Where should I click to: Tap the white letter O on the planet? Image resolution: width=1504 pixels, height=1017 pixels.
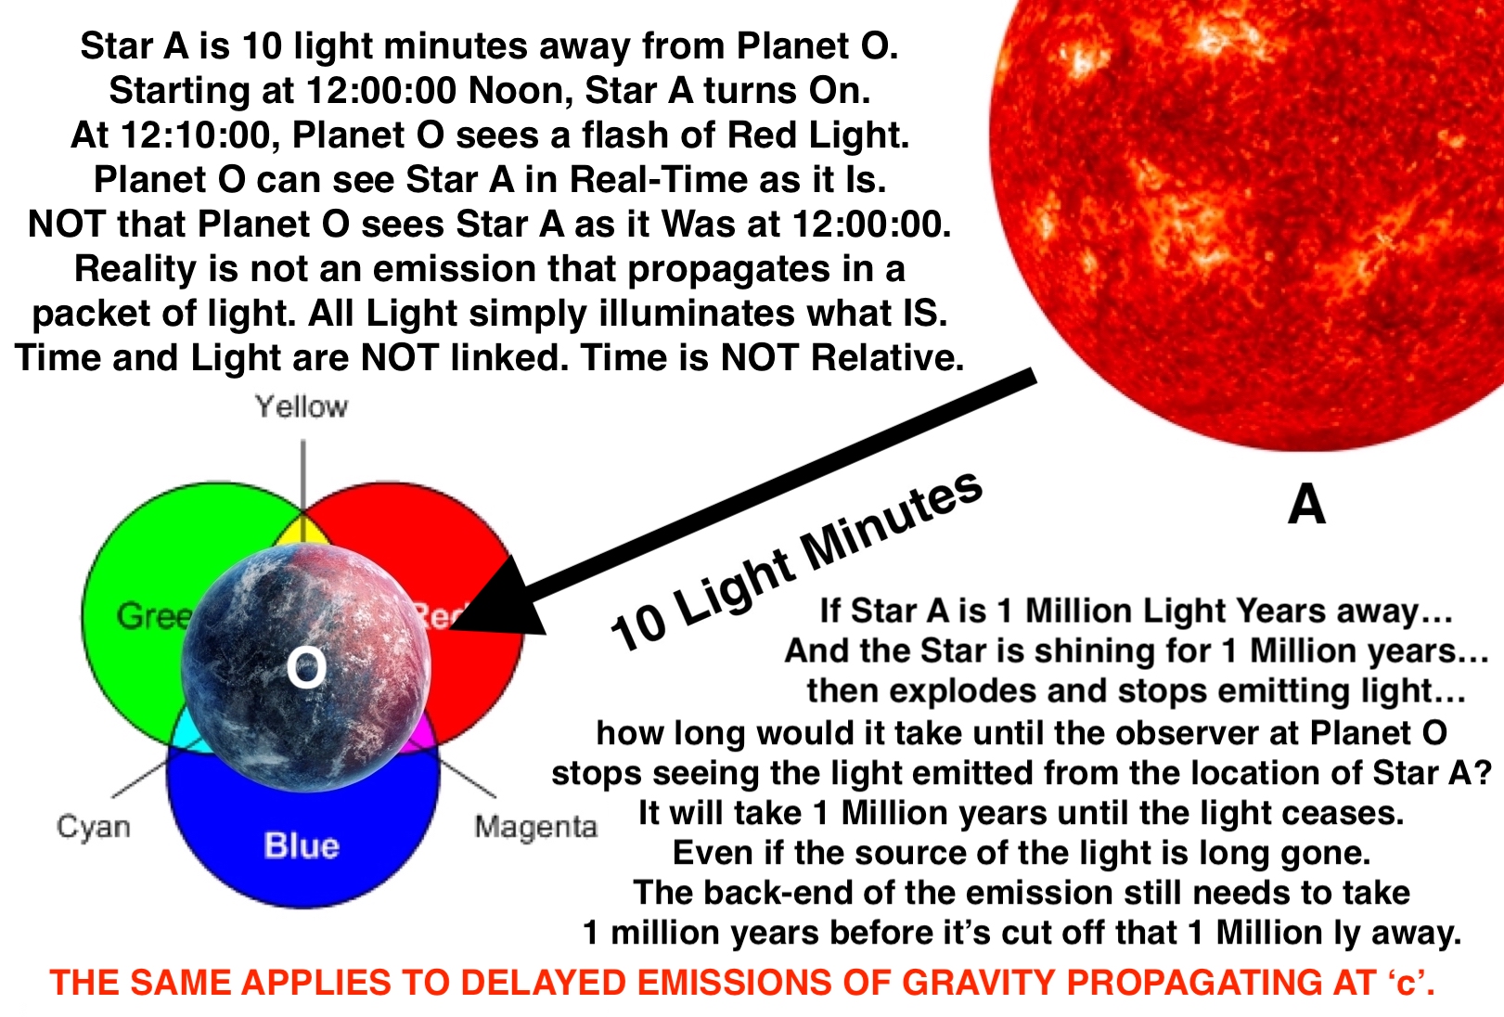(306, 667)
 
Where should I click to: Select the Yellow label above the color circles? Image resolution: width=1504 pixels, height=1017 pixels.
(301, 406)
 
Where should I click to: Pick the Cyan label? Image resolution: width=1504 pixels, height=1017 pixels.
(94, 827)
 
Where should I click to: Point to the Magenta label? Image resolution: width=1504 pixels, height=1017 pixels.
(535, 827)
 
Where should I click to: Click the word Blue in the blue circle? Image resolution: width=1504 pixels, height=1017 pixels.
(302, 845)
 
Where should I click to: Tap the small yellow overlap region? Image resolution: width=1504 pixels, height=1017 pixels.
(302, 533)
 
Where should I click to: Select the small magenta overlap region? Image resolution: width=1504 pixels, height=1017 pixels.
(422, 732)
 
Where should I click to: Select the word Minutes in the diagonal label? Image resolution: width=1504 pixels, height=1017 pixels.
(892, 528)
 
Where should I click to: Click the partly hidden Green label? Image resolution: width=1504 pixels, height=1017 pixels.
(153, 615)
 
